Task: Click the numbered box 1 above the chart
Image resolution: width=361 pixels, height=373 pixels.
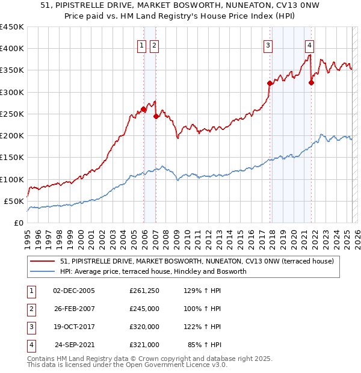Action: click(x=141, y=45)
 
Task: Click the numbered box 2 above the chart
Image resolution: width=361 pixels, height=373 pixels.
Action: click(x=154, y=45)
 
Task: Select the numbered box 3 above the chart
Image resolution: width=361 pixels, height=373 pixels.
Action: click(x=268, y=45)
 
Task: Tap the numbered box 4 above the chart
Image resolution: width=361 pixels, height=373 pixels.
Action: click(x=309, y=45)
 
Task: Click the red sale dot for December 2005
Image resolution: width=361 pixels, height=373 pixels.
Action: click(x=144, y=109)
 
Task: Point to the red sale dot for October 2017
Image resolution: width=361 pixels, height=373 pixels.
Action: click(x=270, y=84)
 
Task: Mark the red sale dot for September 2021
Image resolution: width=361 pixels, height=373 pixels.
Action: click(x=311, y=83)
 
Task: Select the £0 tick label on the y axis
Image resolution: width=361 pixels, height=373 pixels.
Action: click(x=19, y=223)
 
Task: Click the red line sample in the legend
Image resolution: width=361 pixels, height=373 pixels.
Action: click(x=43, y=261)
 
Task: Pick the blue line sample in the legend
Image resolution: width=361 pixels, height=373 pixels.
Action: click(x=43, y=271)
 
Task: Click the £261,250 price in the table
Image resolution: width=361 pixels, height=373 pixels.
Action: click(x=144, y=291)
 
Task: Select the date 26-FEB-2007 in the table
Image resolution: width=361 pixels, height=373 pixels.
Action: click(x=74, y=309)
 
